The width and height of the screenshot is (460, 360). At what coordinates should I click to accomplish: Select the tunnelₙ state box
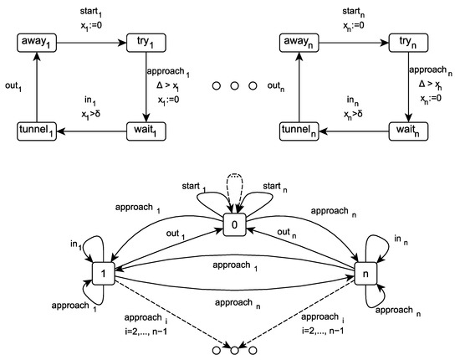click(x=300, y=131)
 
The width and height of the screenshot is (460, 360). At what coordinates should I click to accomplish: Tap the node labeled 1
click(x=102, y=273)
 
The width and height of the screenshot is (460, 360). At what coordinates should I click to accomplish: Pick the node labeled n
click(x=366, y=273)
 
